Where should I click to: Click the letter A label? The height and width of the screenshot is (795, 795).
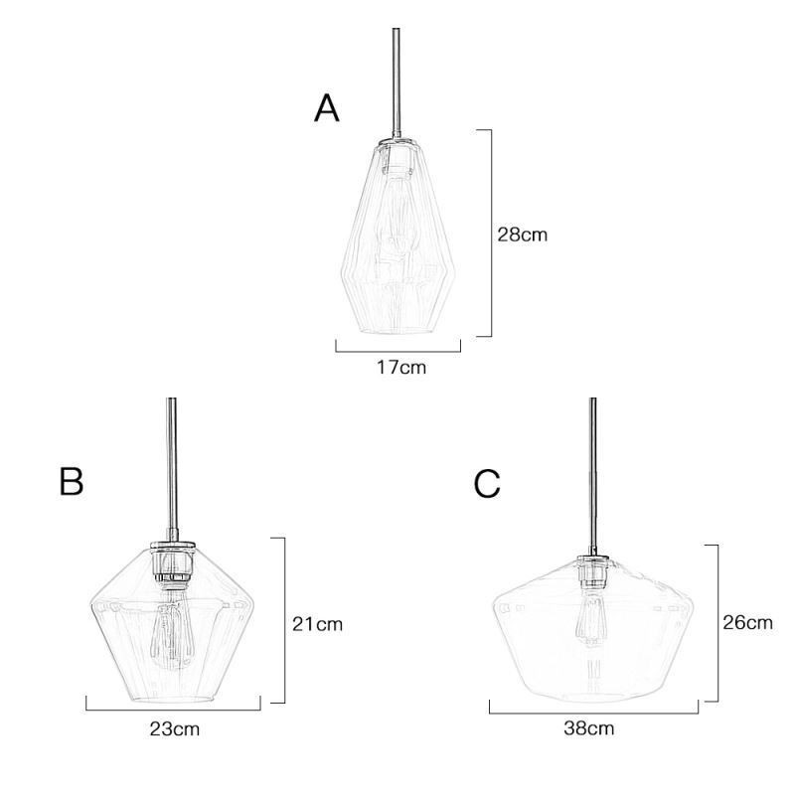[327, 108]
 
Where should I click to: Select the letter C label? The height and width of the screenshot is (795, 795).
[487, 483]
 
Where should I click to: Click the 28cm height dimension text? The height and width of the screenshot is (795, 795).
[523, 236]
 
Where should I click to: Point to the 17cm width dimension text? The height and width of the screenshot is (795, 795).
[400, 368]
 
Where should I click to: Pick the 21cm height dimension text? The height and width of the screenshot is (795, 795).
[317, 625]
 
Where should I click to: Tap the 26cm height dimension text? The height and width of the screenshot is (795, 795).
[746, 623]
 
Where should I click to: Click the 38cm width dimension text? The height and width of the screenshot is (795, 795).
[589, 728]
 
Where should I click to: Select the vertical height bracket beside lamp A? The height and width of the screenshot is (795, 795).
[490, 234]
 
